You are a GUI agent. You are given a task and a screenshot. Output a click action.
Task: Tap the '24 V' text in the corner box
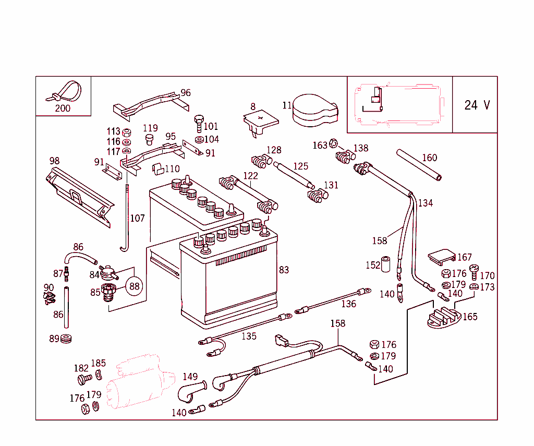(477, 105)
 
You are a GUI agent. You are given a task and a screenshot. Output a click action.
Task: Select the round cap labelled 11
(314, 110)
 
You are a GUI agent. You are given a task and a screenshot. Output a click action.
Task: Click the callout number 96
(185, 93)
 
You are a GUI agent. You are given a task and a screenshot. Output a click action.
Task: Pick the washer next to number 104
(199, 140)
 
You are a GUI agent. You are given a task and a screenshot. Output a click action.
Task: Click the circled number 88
(135, 286)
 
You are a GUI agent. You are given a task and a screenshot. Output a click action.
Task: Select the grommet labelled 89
(66, 339)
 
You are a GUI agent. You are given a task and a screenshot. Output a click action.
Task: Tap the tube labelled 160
(419, 165)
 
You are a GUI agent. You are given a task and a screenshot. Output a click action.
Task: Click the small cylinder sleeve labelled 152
(386, 264)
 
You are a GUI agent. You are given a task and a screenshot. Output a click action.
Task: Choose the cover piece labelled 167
(441, 256)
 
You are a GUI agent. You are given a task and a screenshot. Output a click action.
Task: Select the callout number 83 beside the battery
(284, 270)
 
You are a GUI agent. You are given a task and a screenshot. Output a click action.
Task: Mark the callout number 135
(249, 336)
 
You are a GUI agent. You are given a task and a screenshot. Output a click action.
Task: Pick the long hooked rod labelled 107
(126, 219)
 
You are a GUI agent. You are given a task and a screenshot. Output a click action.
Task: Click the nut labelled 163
(334, 144)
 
